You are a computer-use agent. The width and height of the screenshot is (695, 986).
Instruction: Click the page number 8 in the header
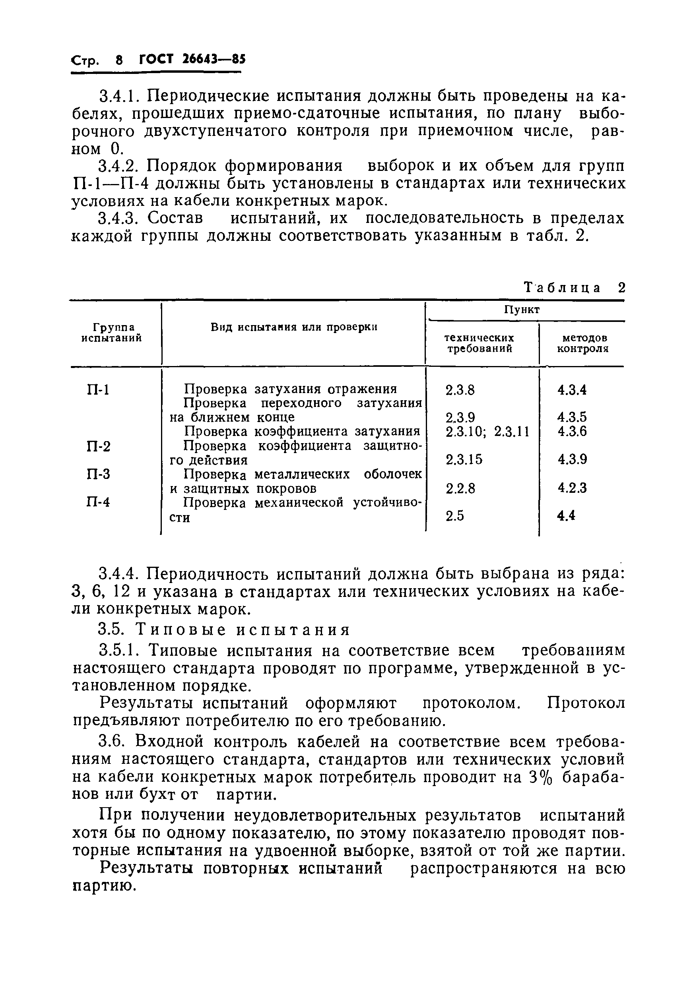tap(119, 60)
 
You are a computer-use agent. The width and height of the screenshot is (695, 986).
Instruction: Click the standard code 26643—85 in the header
tap(214, 59)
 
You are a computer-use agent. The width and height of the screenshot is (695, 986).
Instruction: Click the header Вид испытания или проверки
tap(294, 327)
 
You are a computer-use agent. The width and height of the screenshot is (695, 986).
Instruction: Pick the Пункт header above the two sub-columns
tap(522, 309)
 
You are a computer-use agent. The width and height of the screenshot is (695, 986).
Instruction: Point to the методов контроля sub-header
tap(582, 343)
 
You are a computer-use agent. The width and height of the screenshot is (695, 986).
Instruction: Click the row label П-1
tap(98, 390)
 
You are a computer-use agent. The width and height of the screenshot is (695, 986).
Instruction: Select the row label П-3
tap(98, 474)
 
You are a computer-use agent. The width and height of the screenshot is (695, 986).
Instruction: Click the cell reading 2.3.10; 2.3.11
tap(487, 431)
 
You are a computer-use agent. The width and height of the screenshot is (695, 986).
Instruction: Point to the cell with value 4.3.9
tap(572, 459)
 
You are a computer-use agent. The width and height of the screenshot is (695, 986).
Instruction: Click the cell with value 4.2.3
tap(572, 488)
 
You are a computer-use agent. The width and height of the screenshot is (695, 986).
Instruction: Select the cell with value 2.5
tap(454, 516)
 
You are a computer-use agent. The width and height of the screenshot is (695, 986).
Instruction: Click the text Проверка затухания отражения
tap(290, 389)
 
